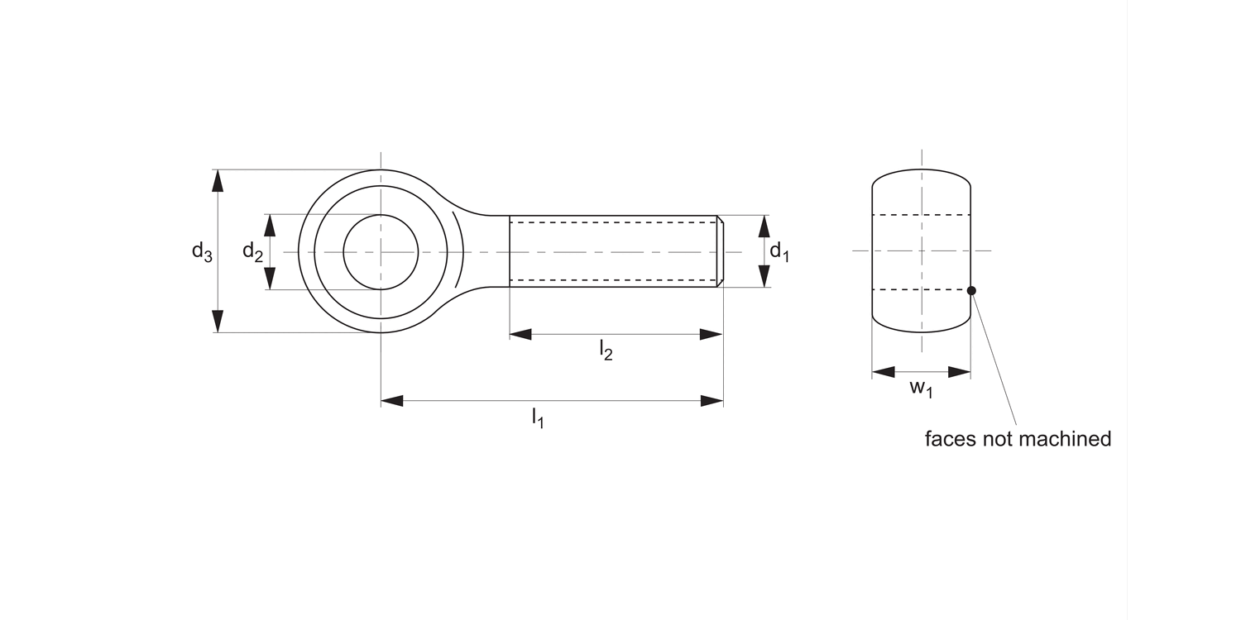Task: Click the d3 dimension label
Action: click(202, 251)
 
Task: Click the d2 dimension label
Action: click(252, 251)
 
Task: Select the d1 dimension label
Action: click(779, 251)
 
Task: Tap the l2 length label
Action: click(606, 351)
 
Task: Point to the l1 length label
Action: click(538, 417)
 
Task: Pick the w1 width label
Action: click(921, 389)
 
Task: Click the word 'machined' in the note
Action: click(1064, 439)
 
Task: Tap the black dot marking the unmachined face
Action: click(971, 290)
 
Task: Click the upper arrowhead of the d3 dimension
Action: click(218, 180)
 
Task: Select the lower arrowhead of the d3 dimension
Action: click(218, 322)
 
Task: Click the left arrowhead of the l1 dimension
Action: click(392, 401)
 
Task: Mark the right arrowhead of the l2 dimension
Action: click(711, 335)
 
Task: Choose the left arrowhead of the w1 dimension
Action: click(884, 372)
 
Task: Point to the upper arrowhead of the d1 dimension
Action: click(763, 226)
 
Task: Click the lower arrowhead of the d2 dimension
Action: click(269, 279)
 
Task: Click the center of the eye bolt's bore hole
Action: click(381, 251)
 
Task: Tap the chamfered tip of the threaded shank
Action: click(721, 251)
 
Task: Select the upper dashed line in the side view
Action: click(921, 215)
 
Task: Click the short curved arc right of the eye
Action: click(460, 251)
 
